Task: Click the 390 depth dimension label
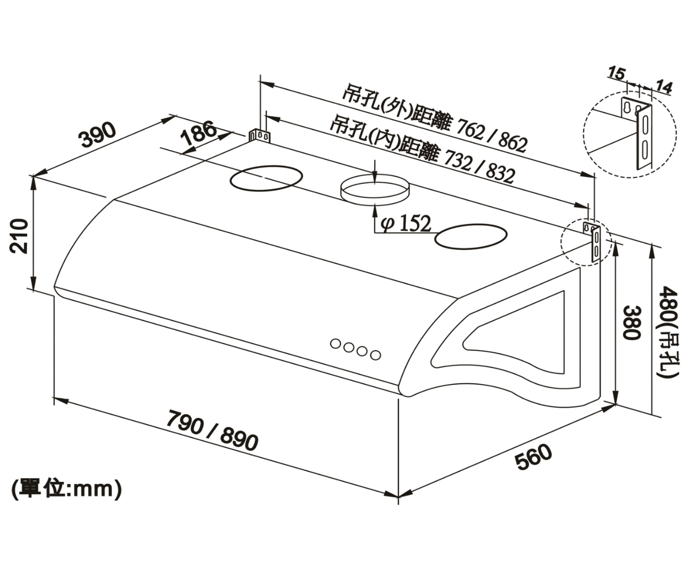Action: click(x=98, y=134)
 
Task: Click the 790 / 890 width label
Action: click(x=212, y=431)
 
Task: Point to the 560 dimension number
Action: click(x=533, y=457)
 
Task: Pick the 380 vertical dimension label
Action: click(x=632, y=322)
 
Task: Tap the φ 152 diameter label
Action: click(x=406, y=224)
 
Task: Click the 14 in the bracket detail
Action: click(x=664, y=87)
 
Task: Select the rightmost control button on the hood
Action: click(x=375, y=355)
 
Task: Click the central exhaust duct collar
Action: click(x=375, y=188)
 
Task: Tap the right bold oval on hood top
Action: click(x=471, y=236)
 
